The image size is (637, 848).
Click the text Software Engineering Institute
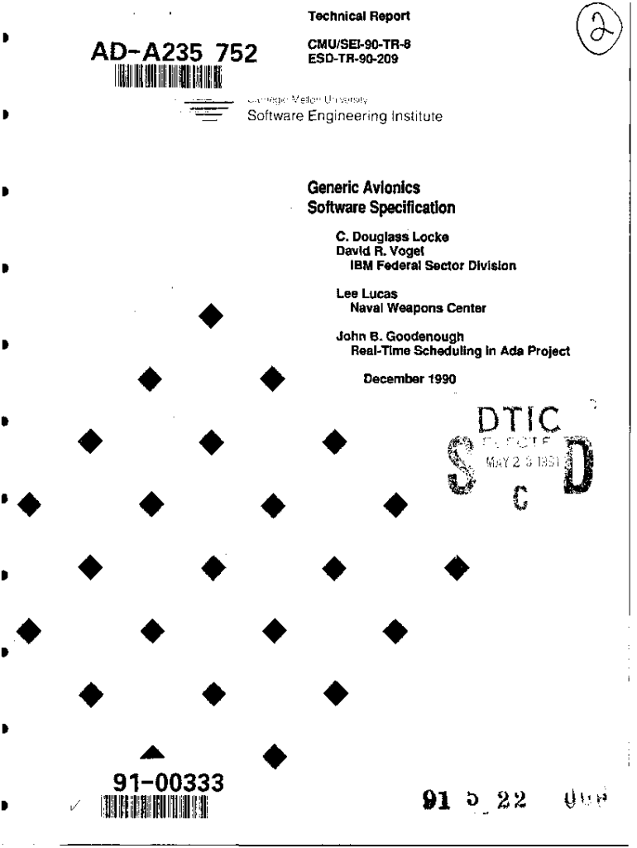pos(345,116)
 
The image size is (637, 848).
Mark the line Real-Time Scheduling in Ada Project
pos(461,350)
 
